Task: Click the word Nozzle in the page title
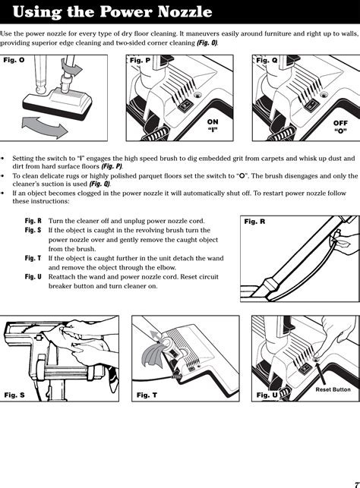185,12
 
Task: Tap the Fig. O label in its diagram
14,60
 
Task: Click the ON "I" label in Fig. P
213,125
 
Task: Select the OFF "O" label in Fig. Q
340,127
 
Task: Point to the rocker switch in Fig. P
185,105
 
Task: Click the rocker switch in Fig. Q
310,105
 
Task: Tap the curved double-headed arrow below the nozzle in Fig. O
45,127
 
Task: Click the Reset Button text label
333,389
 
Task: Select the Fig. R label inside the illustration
254,222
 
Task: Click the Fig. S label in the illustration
14,395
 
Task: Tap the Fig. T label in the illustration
147,395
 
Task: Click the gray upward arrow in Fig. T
156,336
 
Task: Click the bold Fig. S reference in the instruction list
33,230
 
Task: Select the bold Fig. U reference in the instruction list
33,277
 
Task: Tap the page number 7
357,484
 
